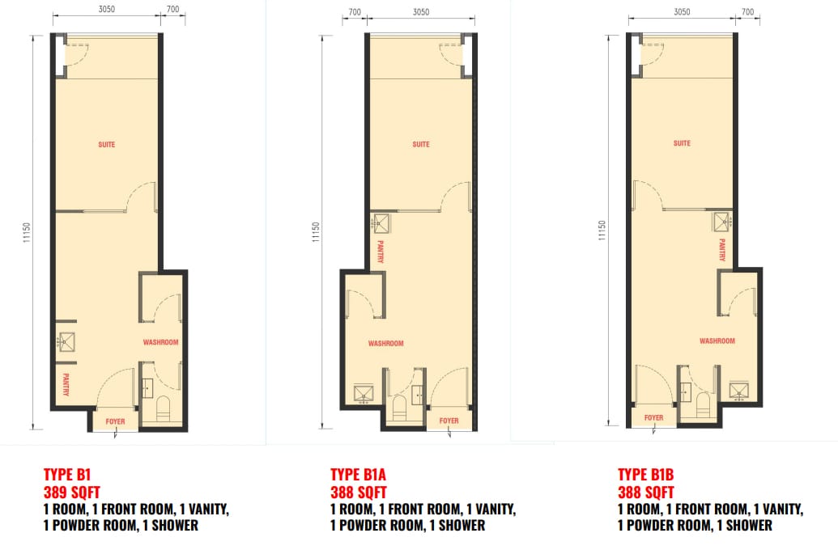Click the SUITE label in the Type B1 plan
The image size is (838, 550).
(x=106, y=144)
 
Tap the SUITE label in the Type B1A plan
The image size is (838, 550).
(x=421, y=144)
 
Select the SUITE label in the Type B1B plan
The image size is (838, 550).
(x=682, y=143)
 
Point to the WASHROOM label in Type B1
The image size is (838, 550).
(x=160, y=342)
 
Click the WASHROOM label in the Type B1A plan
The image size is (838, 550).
(x=386, y=344)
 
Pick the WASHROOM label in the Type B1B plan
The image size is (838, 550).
(x=717, y=341)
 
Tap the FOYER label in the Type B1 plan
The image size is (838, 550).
(x=116, y=421)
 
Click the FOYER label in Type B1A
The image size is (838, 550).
(x=449, y=421)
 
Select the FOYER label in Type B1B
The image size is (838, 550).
(x=653, y=417)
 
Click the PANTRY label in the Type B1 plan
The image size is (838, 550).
(x=66, y=384)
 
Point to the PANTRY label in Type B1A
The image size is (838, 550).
(x=381, y=252)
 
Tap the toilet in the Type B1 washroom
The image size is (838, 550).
(x=163, y=407)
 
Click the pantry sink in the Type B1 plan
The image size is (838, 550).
(x=66, y=342)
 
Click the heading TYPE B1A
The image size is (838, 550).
(x=358, y=475)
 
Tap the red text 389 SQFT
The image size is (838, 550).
(x=71, y=493)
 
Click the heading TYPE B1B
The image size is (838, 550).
(x=645, y=475)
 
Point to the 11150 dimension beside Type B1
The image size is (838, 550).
(x=27, y=233)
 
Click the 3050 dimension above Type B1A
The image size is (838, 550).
(x=421, y=12)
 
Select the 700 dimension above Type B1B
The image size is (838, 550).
(x=747, y=12)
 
